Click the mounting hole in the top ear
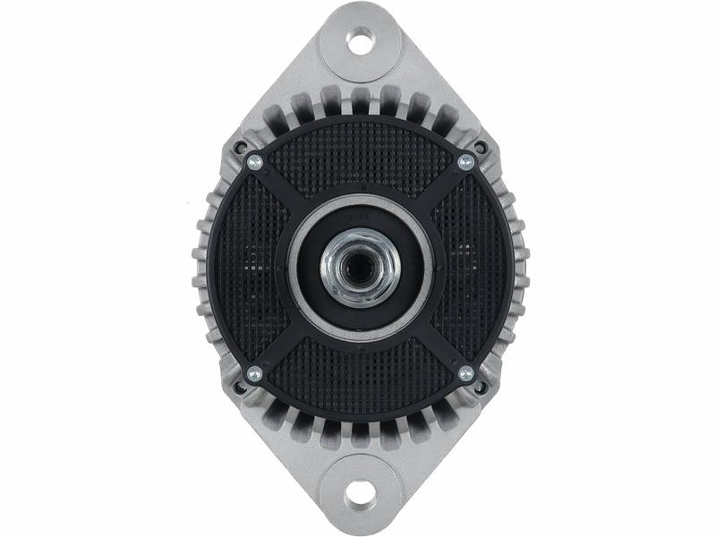[x=360, y=40]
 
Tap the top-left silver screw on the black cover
[x=254, y=162]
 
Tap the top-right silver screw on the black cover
[x=465, y=162]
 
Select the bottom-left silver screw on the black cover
[x=254, y=373]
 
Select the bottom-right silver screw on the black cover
[x=465, y=373]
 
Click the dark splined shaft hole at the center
[x=360, y=264]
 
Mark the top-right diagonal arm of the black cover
[x=440, y=188]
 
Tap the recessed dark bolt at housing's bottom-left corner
[x=239, y=388]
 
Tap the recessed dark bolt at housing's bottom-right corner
[x=481, y=388]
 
